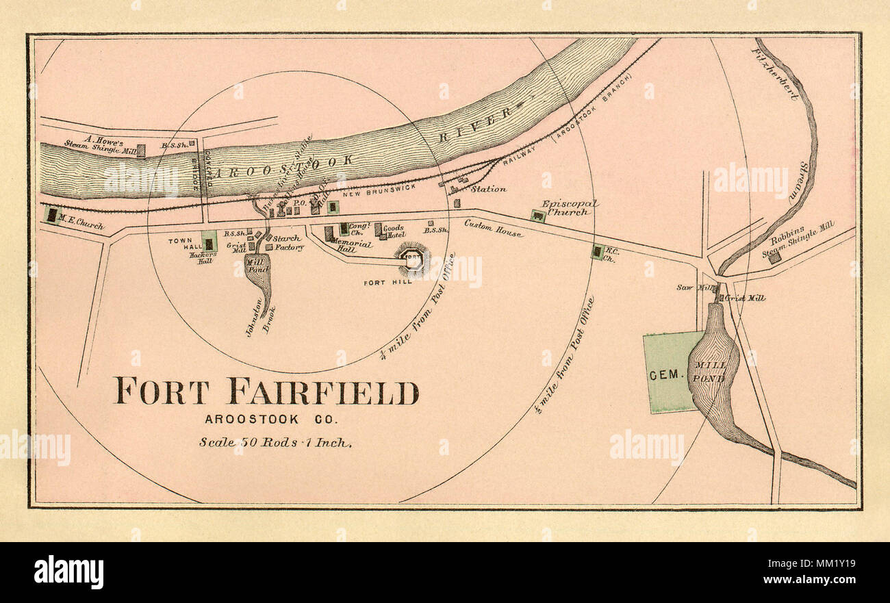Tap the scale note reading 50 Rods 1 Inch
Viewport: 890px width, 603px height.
click(275, 442)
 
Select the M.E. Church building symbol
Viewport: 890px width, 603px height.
click(51, 215)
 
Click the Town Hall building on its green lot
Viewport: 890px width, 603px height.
click(209, 244)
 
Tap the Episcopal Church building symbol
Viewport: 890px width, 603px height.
click(538, 216)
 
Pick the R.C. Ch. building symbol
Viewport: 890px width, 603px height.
click(598, 253)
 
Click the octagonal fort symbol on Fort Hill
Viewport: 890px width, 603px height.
click(412, 259)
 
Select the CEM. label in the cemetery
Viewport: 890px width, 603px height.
click(663, 374)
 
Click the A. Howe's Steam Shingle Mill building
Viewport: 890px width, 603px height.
click(140, 151)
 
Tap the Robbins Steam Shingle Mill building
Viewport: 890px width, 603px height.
click(774, 258)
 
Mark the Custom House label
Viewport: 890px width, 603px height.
click(493, 227)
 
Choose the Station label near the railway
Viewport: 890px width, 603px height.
click(488, 189)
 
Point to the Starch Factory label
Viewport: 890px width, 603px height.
click(288, 243)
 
